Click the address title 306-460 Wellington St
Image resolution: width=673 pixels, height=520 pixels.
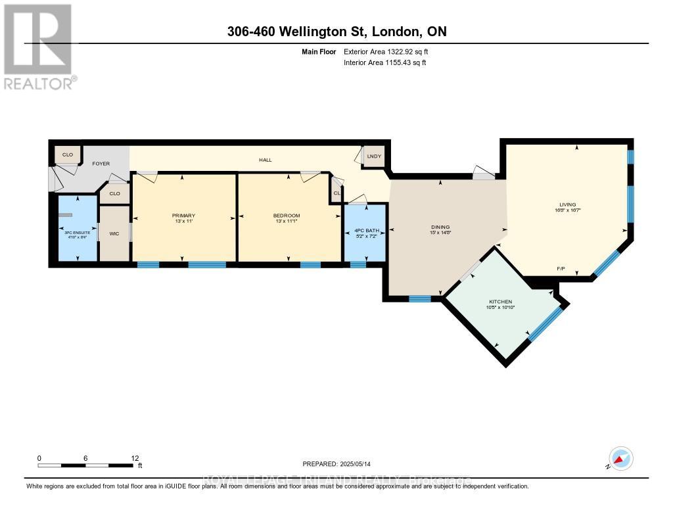click(x=336, y=32)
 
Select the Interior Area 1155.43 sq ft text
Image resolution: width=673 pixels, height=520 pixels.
click(x=385, y=62)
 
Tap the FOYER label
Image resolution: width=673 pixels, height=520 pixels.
click(x=101, y=163)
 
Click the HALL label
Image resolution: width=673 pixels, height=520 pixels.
click(x=265, y=160)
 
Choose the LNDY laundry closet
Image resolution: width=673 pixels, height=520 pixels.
click(x=374, y=156)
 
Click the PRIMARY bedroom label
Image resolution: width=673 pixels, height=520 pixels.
click(x=183, y=216)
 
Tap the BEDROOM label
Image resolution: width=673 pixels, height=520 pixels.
click(x=286, y=216)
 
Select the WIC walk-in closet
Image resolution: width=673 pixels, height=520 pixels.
click(x=114, y=233)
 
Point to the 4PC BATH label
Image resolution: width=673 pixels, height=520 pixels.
click(x=364, y=231)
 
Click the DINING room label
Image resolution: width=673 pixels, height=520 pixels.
click(x=440, y=227)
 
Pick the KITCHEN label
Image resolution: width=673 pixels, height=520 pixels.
click(x=499, y=302)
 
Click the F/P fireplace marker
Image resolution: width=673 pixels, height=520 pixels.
click(x=561, y=269)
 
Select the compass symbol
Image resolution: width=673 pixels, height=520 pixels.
click(x=620, y=459)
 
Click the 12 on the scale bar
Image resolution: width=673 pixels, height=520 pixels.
click(x=134, y=458)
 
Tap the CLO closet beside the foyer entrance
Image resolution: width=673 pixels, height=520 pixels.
click(x=68, y=155)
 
